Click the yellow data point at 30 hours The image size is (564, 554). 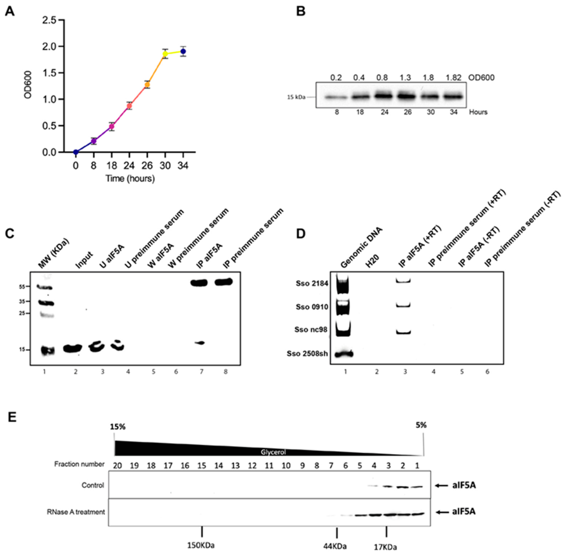coord(165,54)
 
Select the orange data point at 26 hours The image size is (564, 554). coord(147,85)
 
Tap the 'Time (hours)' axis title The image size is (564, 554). coord(130,178)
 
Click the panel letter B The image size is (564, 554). coord(301,11)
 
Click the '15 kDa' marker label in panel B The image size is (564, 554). coord(296,97)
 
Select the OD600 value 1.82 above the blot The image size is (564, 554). coord(453,78)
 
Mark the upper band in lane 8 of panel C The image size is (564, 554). coord(223,282)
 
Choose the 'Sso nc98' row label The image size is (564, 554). coord(311,329)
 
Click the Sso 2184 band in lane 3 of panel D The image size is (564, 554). coord(403,281)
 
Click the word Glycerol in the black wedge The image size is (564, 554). coord(273,452)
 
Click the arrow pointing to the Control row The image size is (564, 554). coord(441,485)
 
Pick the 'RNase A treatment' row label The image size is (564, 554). coord(76,512)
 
